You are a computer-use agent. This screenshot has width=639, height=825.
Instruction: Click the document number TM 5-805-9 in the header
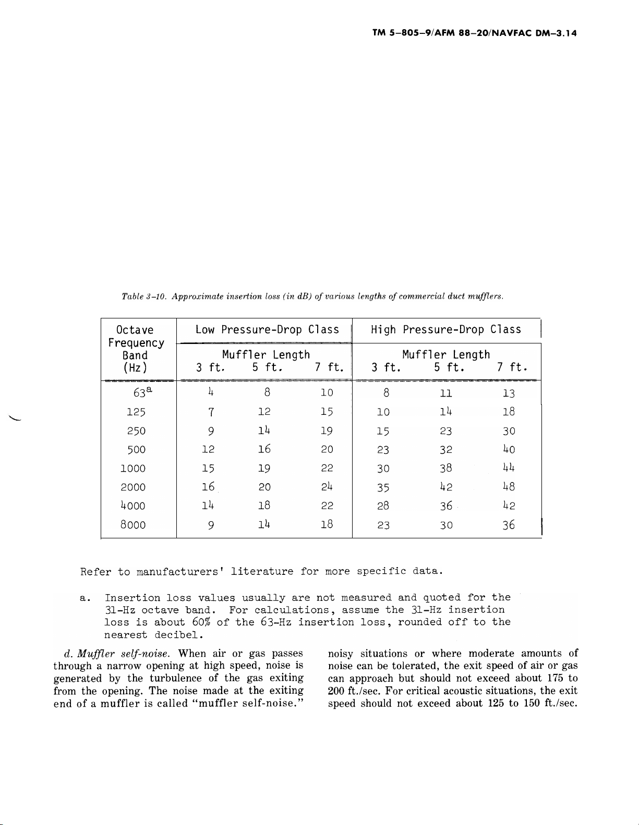click(406, 33)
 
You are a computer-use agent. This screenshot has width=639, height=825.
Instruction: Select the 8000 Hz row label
click(132, 525)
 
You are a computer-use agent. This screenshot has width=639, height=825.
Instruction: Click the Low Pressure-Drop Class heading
click(267, 330)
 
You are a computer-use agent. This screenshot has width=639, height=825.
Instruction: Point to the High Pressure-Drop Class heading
click(446, 330)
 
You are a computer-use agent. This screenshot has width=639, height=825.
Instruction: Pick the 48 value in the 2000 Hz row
click(508, 487)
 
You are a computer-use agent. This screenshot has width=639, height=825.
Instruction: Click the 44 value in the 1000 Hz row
click(508, 469)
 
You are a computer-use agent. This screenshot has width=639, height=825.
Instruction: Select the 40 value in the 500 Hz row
click(508, 450)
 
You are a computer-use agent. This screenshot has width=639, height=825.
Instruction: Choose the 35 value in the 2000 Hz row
click(383, 487)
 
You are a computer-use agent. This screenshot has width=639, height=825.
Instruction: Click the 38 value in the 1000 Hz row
click(445, 469)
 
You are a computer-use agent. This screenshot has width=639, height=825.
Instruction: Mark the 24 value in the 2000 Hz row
click(327, 487)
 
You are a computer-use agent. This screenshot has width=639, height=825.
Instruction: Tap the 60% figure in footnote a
click(201, 622)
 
